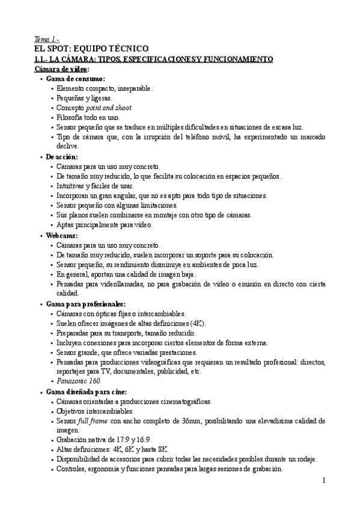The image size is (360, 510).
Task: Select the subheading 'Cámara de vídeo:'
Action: point(62,69)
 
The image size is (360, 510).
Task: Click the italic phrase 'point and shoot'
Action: point(110,108)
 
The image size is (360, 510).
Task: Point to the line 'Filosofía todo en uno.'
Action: point(88,117)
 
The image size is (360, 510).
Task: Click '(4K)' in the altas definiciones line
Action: point(196,323)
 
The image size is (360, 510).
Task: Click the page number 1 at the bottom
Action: point(323,480)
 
